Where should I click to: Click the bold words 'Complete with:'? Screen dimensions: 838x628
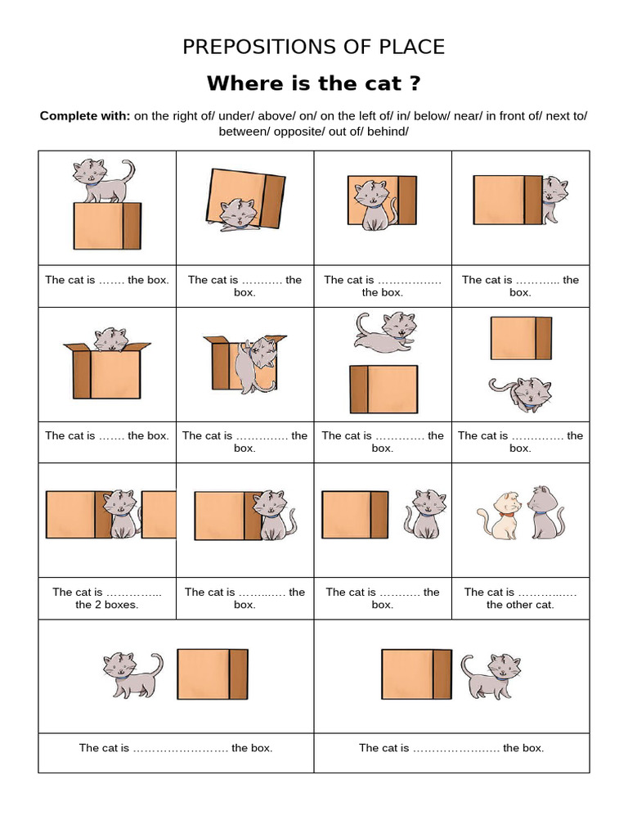(84, 116)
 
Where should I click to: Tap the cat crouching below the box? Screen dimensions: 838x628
(520, 393)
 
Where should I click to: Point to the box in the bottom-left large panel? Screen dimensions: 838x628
(212, 674)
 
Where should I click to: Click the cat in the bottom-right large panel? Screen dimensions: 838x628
(491, 674)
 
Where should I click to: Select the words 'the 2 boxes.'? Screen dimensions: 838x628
(107, 606)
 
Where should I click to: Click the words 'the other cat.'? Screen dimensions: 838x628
(520, 606)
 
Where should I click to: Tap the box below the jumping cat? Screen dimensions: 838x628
(384, 389)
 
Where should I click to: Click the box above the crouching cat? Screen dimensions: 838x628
(521, 338)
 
